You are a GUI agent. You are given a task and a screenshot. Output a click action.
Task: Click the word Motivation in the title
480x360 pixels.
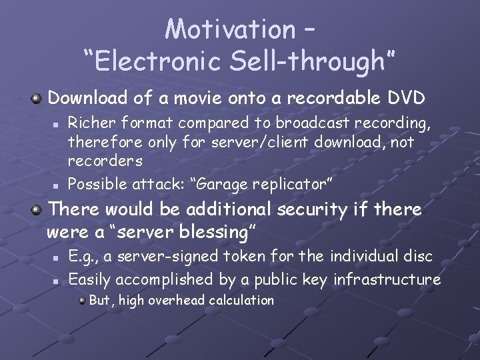pyautogui.click(x=229, y=29)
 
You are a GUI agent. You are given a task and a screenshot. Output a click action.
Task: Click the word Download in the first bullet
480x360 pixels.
pyautogui.click(x=88, y=99)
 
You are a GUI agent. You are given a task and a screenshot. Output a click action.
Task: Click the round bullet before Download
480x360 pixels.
pyautogui.click(x=37, y=99)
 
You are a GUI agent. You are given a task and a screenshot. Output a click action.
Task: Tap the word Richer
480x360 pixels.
pyautogui.click(x=91, y=123)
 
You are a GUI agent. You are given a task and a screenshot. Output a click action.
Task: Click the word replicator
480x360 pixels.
pyautogui.click(x=291, y=182)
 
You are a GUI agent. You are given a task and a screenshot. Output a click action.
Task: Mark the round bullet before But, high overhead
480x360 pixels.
pyautogui.click(x=81, y=301)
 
